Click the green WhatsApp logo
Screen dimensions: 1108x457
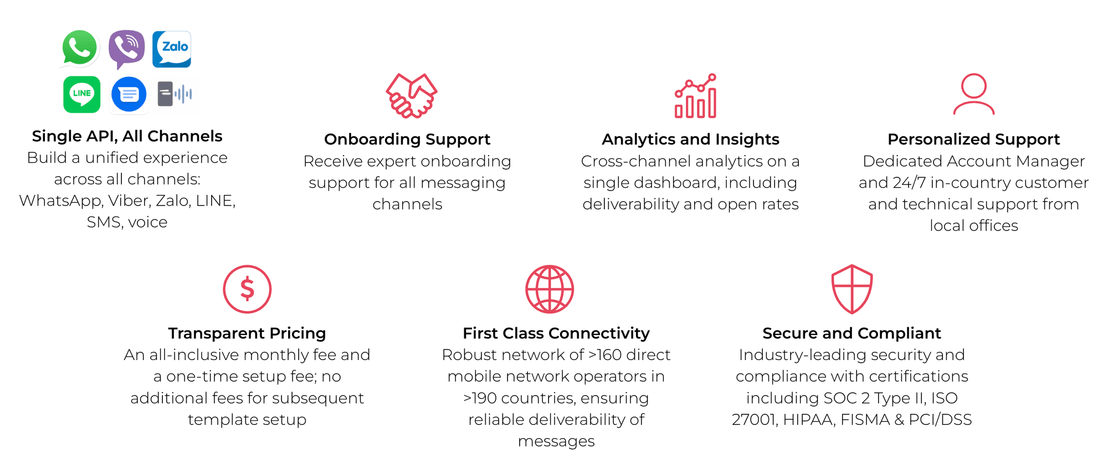pyautogui.click(x=80, y=48)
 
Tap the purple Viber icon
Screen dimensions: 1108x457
pyautogui.click(x=127, y=49)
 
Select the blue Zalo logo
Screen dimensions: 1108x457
pyautogui.click(x=172, y=49)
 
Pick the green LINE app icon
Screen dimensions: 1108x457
pyautogui.click(x=82, y=94)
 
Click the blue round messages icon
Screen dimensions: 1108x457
pyautogui.click(x=129, y=94)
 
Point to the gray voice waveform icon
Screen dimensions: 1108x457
pyautogui.click(x=175, y=94)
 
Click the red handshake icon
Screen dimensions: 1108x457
pyautogui.click(x=412, y=95)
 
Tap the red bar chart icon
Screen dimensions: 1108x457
pyautogui.click(x=696, y=96)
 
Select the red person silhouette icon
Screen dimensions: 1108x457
pyautogui.click(x=974, y=94)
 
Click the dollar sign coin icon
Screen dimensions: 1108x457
pyautogui.click(x=247, y=289)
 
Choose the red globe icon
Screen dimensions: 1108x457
pyautogui.click(x=550, y=289)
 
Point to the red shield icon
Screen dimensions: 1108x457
pyautogui.click(x=852, y=289)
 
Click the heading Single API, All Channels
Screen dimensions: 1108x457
pyautogui.click(x=127, y=136)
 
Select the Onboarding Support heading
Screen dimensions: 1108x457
pyautogui.click(x=407, y=139)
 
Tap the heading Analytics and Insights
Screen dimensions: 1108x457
pyautogui.click(x=690, y=139)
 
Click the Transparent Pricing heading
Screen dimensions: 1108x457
pyautogui.click(x=247, y=333)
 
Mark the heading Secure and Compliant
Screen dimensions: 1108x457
pyautogui.click(x=851, y=333)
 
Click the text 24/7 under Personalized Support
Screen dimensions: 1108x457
pyautogui.click(x=909, y=182)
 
